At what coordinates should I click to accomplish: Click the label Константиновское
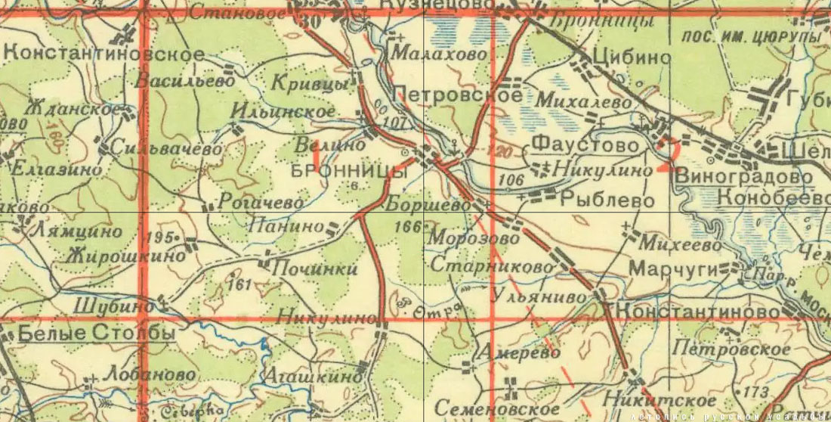(104, 54)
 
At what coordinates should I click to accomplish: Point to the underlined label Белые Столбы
(87, 332)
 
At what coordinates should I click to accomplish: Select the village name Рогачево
(261, 202)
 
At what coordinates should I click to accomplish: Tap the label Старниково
(498, 267)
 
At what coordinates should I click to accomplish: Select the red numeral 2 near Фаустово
(664, 154)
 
